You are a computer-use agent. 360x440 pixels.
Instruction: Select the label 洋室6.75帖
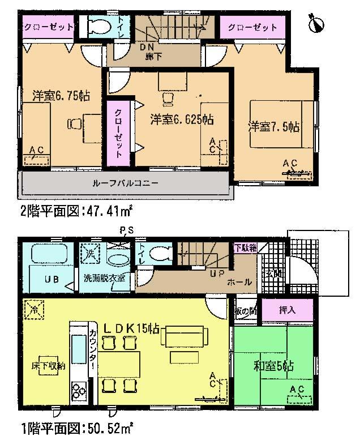(x=53, y=95)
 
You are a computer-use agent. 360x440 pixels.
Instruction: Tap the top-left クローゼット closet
(x=49, y=27)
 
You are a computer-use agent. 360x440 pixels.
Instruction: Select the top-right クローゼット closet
(x=252, y=27)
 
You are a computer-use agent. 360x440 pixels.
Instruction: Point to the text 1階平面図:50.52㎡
(x=77, y=426)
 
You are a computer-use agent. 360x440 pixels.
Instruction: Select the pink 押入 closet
(x=286, y=311)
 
